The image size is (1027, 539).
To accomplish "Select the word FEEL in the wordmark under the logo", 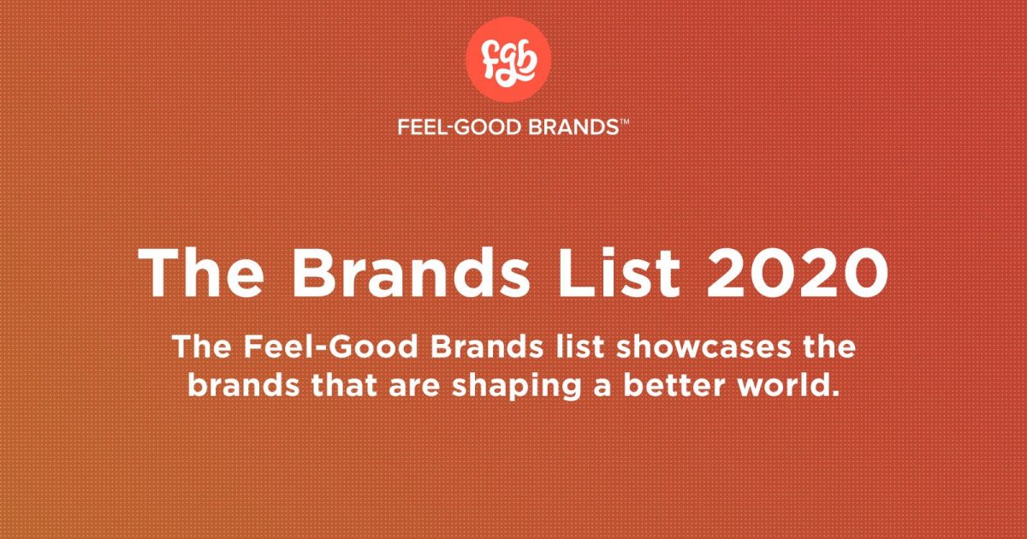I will [418, 127].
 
